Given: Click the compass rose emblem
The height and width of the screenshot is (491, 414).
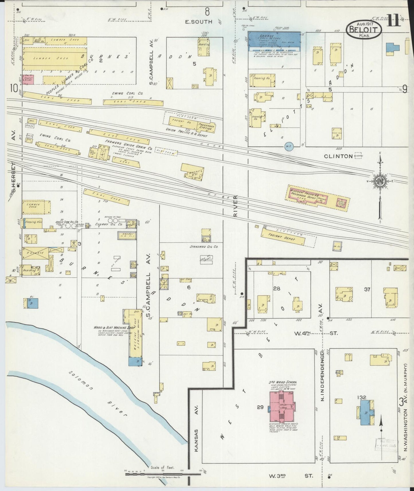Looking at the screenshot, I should [380, 182].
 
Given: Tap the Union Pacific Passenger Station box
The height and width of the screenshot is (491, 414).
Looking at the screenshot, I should [205, 127].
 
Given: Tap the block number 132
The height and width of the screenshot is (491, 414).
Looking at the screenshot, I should [362, 397].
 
